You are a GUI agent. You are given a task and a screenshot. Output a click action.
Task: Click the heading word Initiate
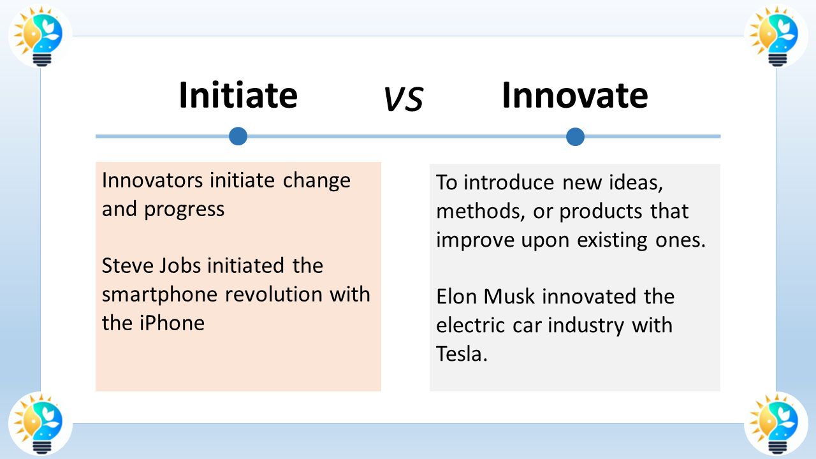coord(238,96)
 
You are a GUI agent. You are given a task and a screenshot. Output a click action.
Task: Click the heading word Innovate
coord(574,96)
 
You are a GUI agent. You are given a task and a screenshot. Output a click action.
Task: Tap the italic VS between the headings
coord(404,99)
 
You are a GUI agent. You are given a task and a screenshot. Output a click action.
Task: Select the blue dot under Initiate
coord(238,136)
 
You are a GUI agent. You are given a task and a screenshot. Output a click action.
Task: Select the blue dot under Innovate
coord(575,136)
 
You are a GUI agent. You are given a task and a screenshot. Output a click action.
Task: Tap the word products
coord(604,211)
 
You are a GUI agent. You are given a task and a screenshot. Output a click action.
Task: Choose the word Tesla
coord(461,353)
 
